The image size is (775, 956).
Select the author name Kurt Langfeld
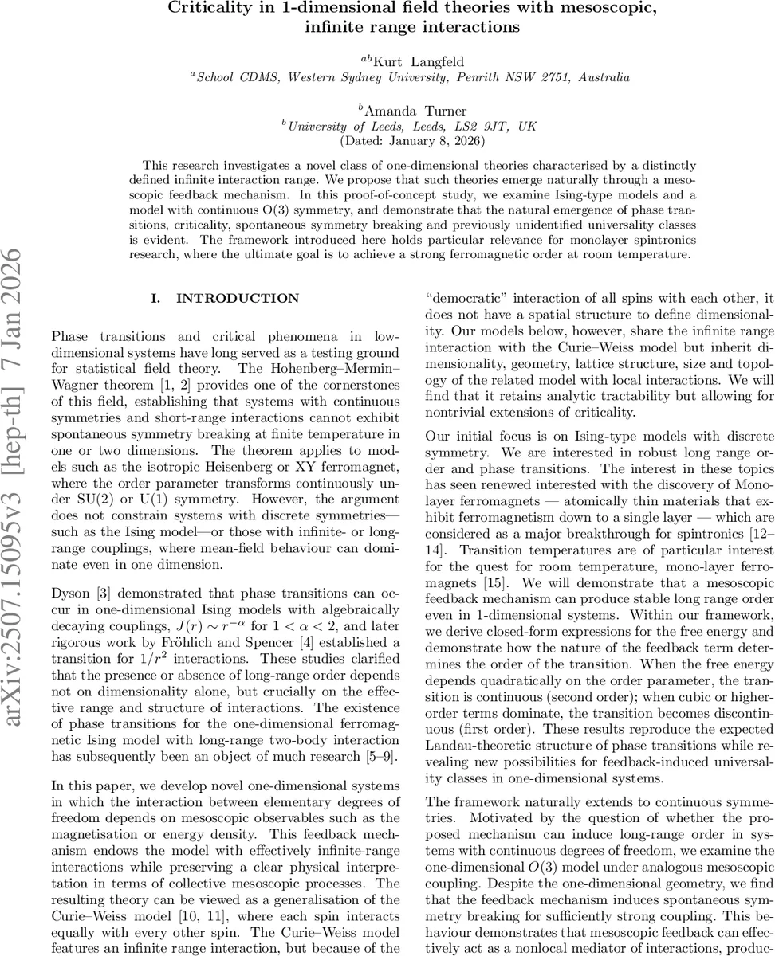(418, 61)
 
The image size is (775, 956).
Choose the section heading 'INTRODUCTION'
(238, 299)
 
